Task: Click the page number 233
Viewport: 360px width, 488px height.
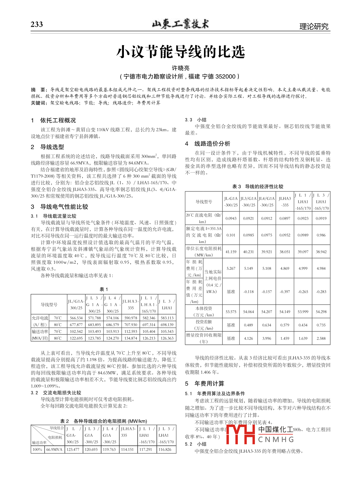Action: tap(37, 24)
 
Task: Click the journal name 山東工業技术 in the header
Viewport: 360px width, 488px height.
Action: tap(180, 24)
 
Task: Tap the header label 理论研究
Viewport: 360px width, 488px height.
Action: tap(314, 26)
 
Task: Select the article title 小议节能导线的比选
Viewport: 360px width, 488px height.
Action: tap(181, 52)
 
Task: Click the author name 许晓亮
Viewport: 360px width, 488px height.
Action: tap(180, 68)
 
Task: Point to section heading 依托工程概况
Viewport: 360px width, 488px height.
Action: tap(58, 120)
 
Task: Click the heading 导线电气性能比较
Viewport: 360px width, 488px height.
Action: tap(64, 207)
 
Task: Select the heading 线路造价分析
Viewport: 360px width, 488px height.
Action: tap(212, 144)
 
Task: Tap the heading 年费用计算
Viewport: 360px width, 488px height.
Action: tap(209, 384)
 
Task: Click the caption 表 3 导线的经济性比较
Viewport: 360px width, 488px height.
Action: tap(257, 186)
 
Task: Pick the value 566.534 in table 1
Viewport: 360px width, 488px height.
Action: tap(76, 318)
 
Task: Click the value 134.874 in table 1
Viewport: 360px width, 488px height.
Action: tap(131, 338)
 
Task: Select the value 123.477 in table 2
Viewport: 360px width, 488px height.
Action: tap(73, 449)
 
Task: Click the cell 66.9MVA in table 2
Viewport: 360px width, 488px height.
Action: tap(54, 449)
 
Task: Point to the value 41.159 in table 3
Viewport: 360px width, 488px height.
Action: tap(231, 252)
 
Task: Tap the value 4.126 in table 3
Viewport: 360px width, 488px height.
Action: tap(248, 338)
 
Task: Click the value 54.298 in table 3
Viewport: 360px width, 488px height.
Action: tap(321, 311)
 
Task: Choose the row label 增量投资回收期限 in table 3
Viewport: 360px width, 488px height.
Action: tap(204, 335)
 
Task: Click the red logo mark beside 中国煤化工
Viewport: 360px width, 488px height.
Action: tap(240, 434)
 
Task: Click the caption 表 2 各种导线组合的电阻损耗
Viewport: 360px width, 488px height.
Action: tap(104, 421)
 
